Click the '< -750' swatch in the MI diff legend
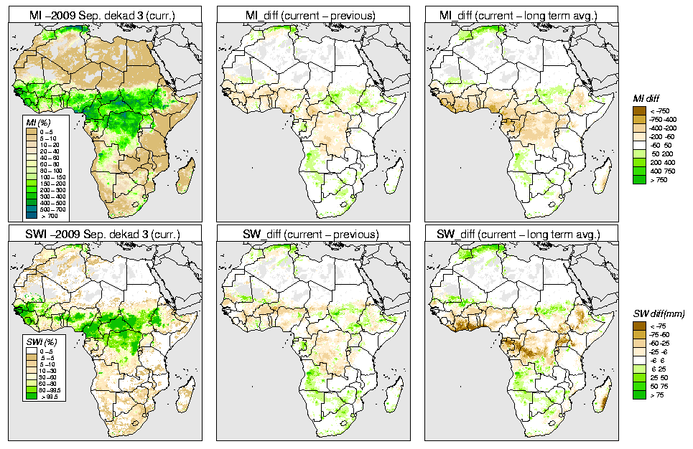[638, 110]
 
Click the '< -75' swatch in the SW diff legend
[638, 325]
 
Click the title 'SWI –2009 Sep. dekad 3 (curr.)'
[103, 234]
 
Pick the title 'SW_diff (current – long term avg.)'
[521, 234]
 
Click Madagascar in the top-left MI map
[185, 175]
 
